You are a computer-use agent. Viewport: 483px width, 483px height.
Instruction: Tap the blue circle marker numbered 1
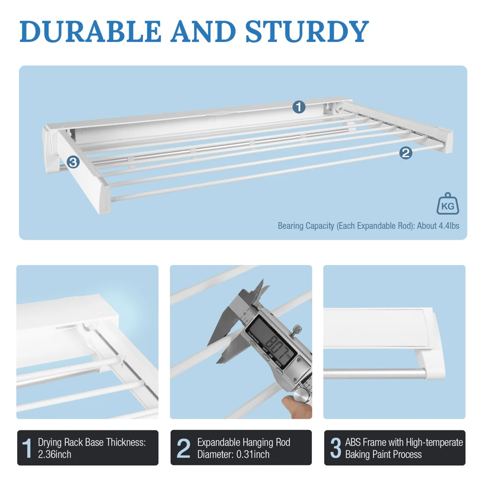[x=299, y=107]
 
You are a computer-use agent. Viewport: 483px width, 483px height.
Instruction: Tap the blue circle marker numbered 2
[x=406, y=153]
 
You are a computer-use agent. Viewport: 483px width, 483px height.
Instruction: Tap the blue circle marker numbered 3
[x=74, y=162]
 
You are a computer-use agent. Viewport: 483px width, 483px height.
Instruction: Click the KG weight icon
[x=447, y=204]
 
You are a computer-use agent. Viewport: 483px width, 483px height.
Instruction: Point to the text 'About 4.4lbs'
[x=438, y=226]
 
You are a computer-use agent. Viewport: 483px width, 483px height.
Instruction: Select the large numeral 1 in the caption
[x=27, y=448]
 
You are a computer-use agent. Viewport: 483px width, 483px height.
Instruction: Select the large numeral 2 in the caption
[x=183, y=448]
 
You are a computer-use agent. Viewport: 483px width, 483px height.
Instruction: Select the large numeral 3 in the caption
[x=335, y=448]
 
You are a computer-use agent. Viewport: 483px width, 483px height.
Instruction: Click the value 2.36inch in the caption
[x=55, y=455]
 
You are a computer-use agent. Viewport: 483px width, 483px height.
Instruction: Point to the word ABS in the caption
[x=354, y=442]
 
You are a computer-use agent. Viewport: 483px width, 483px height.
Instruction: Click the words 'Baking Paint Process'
[x=383, y=455]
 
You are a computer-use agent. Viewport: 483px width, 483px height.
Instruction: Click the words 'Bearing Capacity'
[x=305, y=226]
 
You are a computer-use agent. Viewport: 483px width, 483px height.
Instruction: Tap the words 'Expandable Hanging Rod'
[x=244, y=442]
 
